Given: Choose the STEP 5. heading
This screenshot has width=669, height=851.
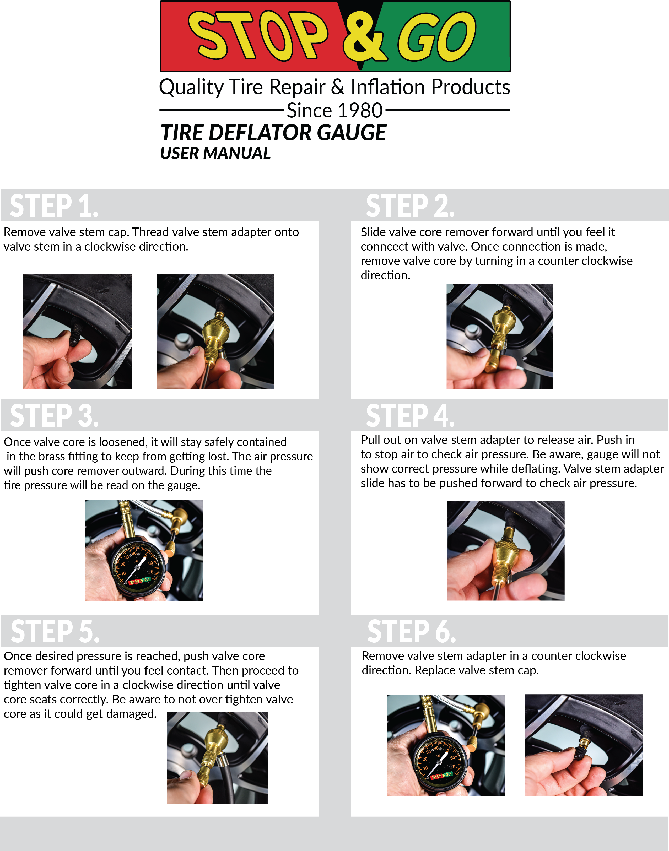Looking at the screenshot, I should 55,631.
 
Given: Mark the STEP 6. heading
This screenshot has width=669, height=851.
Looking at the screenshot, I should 411,631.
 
